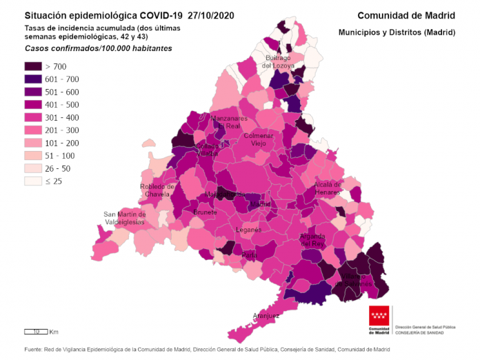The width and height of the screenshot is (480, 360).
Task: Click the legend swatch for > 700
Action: pos(33,67)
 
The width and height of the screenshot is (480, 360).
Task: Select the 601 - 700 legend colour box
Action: pos(33,79)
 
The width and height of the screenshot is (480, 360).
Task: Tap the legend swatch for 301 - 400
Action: pos(33,117)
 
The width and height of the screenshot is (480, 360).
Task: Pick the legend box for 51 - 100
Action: pos(33,155)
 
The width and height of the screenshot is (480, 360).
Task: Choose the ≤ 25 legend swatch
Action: pos(33,181)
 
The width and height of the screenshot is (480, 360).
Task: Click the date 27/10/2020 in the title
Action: pos(206,15)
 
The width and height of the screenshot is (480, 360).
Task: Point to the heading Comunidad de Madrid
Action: pos(406,15)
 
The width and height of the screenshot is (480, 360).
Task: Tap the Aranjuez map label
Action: pos(266,316)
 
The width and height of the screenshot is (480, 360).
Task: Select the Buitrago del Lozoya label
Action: pos(278,62)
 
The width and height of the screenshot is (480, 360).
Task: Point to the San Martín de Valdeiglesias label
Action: pos(124,218)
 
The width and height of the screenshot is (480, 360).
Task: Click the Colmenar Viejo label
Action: pos(258,139)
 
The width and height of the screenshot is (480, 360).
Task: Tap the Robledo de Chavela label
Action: pos(156,190)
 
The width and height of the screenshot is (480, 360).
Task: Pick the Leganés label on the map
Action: pos(249,230)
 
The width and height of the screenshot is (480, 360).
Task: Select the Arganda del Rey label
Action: pos(312,240)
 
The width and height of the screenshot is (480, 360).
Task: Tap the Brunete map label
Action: pos(205,212)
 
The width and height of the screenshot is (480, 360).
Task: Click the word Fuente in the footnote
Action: pos(33,349)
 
